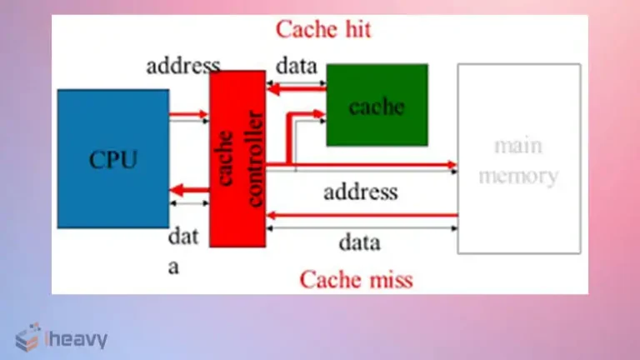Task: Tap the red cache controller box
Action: [x=237, y=158]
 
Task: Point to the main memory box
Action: [x=518, y=158]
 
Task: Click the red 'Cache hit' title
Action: [x=323, y=29]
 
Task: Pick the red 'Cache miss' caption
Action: [x=356, y=278]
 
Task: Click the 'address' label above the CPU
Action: [x=183, y=66]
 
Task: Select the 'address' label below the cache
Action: [x=360, y=192]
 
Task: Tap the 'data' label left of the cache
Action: [x=295, y=66]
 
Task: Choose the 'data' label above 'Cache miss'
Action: [x=359, y=242]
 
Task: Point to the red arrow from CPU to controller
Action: [x=189, y=115]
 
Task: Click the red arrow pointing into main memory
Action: [x=375, y=166]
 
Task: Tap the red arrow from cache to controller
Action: [x=296, y=85]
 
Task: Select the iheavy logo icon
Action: [x=27, y=337]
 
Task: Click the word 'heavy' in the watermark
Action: [x=78, y=338]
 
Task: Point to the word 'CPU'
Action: [x=113, y=159]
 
